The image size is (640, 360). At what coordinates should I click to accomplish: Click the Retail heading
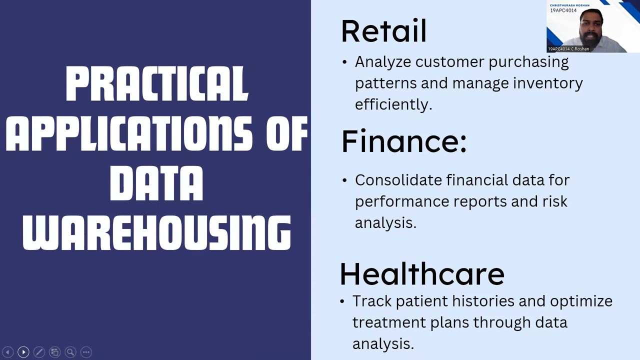383,31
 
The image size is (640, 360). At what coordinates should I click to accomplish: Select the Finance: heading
404,141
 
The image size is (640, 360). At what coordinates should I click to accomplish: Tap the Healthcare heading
422,274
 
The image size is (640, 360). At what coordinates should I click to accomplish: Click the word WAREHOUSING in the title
156,233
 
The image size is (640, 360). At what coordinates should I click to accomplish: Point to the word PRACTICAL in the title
156,84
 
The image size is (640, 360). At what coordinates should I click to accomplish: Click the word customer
449,62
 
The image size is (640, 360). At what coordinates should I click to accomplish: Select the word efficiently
393,104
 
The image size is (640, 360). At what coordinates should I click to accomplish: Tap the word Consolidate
398,180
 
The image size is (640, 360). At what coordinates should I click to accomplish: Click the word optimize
581,301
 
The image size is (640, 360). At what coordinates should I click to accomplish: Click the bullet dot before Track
342,301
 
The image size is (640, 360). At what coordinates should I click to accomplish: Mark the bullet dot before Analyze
344,62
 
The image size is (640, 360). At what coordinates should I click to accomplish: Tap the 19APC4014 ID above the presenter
563,10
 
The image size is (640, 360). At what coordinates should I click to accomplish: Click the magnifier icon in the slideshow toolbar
70,352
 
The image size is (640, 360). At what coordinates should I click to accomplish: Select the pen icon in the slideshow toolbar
39,352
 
